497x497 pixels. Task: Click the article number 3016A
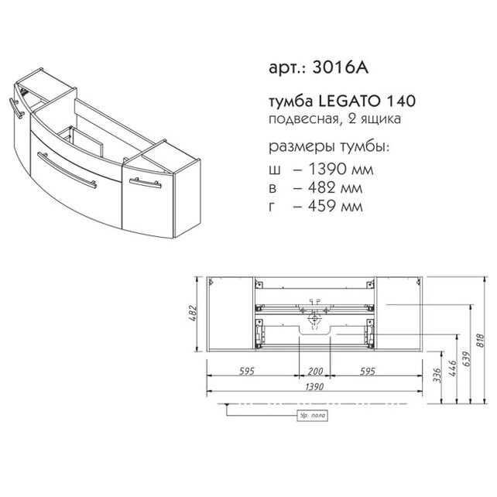[341, 67]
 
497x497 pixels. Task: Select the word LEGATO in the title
[348, 101]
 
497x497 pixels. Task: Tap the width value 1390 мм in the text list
[341, 170]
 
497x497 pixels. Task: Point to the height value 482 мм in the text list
[335, 187]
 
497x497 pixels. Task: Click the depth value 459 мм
[335, 206]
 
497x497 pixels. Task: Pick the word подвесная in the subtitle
[303, 119]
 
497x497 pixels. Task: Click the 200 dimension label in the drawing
[315, 371]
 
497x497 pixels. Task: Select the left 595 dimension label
[247, 371]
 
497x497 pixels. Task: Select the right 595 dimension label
[368, 371]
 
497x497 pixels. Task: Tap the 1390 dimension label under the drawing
[314, 387]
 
